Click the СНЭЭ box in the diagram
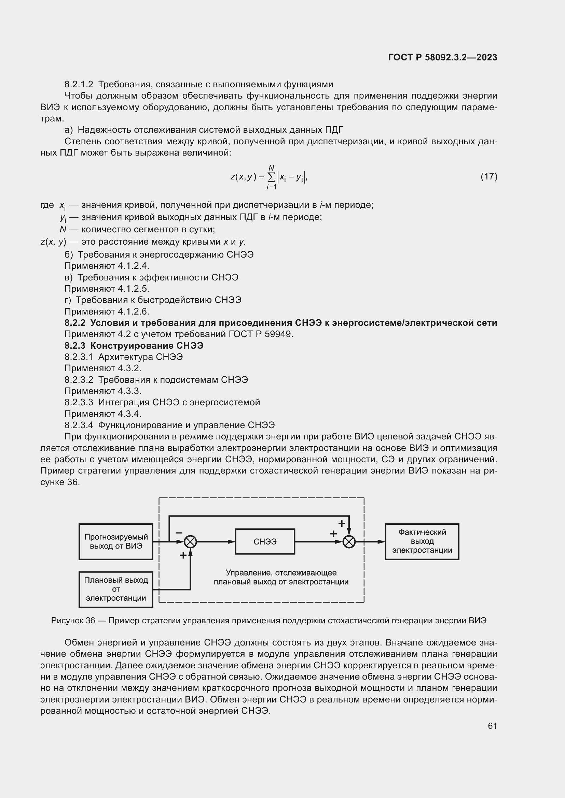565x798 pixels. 265,541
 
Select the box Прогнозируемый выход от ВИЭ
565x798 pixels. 116,541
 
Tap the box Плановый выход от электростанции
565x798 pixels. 116,589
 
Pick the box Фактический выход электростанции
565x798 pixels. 422,541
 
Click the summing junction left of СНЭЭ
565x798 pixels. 190,541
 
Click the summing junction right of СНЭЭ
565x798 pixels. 349,541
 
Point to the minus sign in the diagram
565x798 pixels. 179,533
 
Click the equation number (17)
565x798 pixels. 489,177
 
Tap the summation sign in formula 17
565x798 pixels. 271,177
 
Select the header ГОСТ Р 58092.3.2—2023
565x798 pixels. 442,57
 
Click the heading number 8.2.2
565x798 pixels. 75,323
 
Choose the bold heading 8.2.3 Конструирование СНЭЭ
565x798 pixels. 134,346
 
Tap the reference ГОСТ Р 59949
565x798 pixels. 261,334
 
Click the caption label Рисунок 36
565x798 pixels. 73,620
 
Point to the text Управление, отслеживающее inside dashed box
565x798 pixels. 281,572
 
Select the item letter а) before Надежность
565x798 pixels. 69,130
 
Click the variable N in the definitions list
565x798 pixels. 63,229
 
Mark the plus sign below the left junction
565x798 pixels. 183,555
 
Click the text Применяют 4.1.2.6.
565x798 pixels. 107,311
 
